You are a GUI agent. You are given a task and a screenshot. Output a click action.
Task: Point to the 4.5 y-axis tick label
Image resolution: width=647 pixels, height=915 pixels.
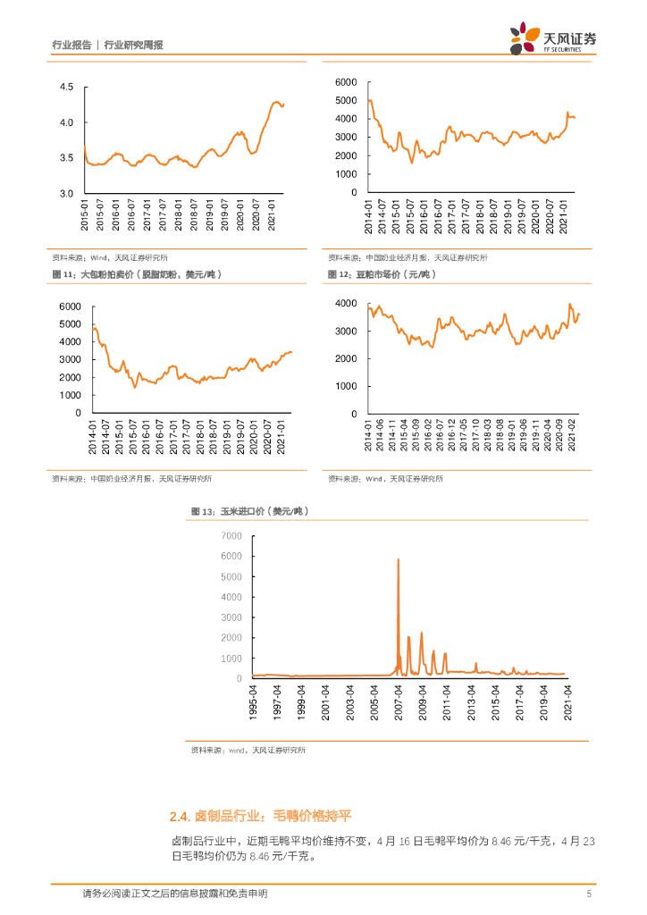(66, 87)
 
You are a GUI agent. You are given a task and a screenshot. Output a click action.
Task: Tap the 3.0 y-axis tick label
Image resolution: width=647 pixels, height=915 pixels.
(66, 193)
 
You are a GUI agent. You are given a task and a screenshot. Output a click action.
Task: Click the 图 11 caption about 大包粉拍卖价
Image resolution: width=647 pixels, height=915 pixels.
(137, 274)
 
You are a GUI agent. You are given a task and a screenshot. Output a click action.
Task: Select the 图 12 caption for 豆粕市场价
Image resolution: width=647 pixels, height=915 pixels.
(381, 274)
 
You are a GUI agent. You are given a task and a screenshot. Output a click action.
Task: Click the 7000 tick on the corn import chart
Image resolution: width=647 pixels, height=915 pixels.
(231, 535)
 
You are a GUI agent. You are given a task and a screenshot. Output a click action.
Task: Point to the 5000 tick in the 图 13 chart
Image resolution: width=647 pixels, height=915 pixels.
(231, 576)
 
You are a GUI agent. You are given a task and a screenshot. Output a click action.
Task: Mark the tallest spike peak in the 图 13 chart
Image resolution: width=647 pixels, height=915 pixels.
(399, 560)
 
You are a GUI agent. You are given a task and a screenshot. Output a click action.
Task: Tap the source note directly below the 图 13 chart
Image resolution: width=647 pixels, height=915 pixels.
(248, 751)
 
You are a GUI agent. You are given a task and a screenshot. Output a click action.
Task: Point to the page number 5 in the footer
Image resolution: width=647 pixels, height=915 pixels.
(588, 894)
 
